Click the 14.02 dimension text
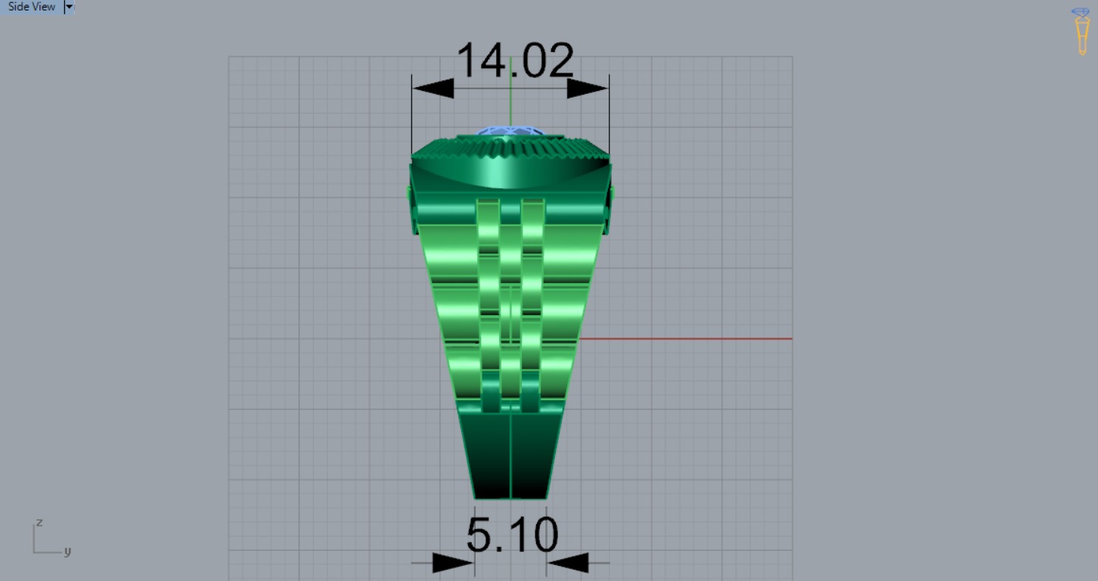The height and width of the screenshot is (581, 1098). point(515,61)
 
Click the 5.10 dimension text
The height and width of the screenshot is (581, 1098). point(512,536)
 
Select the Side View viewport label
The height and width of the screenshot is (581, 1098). point(32,7)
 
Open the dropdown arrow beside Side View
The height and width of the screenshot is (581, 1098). point(69,7)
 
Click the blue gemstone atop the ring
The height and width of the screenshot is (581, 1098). point(511,132)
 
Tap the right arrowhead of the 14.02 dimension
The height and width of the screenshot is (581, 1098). point(587,89)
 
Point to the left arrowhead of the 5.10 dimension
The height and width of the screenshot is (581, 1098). point(452,562)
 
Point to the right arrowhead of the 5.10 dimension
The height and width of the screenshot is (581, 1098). point(568,562)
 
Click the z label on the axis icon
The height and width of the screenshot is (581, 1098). point(39,523)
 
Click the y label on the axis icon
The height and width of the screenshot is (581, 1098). point(67,551)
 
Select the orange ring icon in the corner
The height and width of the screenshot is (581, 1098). point(1082,32)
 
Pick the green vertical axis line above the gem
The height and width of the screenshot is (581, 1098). point(511,91)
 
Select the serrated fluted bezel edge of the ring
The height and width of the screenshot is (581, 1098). point(511,148)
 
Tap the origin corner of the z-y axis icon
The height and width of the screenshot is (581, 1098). point(34,552)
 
